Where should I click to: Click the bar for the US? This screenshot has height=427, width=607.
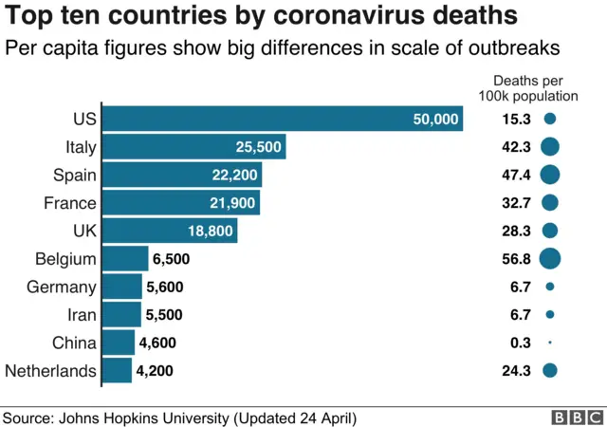[x=282, y=119]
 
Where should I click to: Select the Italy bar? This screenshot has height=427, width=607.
[x=193, y=146]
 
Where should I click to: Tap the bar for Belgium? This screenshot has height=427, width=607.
[x=125, y=258]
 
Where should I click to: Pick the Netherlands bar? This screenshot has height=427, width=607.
[x=117, y=370]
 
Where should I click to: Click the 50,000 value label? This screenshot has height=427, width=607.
[x=436, y=119]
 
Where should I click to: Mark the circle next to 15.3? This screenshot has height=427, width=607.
[x=550, y=119]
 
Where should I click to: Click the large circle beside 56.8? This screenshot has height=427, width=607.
[x=550, y=258]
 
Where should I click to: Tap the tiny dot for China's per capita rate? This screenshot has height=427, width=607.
[x=550, y=343]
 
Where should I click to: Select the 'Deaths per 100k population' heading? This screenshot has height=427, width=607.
[x=536, y=88]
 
